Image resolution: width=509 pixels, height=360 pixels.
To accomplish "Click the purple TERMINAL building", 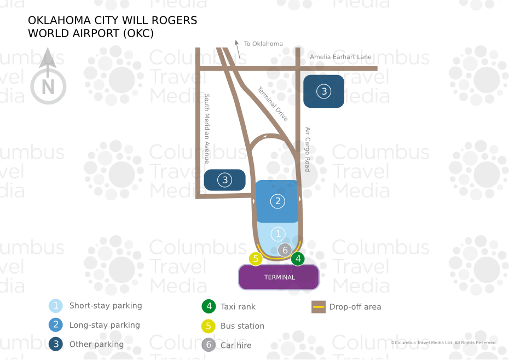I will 279,277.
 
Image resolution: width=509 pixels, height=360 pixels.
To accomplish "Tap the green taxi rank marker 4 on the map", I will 298,259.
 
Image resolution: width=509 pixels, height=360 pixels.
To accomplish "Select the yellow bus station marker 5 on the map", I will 256,259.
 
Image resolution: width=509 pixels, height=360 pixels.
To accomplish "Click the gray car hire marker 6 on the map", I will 284,250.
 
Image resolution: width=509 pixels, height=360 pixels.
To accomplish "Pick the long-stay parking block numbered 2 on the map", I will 277,201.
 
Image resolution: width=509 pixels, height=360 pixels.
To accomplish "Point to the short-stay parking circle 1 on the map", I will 278,234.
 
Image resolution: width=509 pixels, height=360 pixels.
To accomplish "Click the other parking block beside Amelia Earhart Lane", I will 324,91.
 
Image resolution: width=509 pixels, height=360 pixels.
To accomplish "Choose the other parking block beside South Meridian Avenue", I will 224,179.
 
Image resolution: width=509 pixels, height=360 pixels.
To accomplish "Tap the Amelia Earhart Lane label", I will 340,57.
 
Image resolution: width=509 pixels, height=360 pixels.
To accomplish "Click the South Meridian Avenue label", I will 207,129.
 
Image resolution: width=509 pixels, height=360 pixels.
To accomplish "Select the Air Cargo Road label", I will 308,149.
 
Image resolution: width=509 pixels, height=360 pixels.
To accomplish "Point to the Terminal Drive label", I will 273,104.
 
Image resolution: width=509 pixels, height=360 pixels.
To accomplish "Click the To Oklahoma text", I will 263,44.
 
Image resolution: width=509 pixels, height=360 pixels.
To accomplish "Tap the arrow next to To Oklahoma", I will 237,48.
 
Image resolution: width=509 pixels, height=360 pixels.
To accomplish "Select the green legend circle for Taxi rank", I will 208,306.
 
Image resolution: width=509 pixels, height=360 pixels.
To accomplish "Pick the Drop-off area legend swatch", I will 319,306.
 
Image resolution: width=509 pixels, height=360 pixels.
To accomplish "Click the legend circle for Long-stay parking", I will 55,325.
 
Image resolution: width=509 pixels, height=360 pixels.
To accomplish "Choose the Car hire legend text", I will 236,345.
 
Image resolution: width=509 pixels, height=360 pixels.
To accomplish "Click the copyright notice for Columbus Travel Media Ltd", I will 443,343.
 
